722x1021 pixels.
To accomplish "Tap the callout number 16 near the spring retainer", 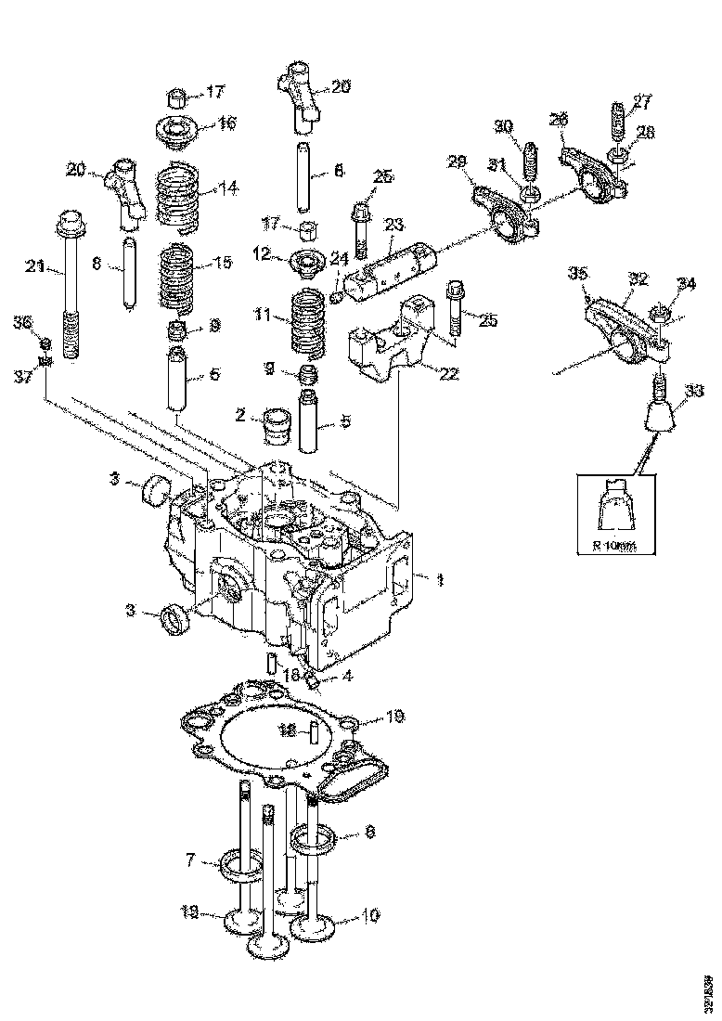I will coord(226,123).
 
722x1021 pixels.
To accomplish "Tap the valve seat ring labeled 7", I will coord(239,865).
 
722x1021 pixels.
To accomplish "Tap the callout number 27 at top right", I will coord(642,101).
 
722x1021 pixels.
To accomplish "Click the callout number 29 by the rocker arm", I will coord(456,162).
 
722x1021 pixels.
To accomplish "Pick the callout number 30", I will coord(502,126).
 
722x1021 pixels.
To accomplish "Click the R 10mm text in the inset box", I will coord(613,546).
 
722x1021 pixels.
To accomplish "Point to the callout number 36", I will coord(22,322).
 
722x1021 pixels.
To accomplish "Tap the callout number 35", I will coord(577,274).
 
